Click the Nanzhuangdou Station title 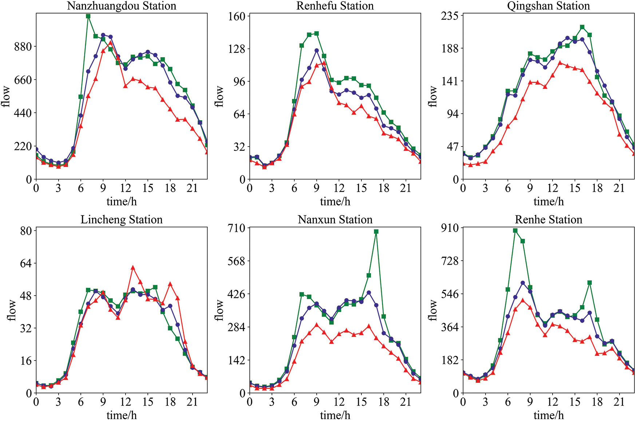pos(122,6)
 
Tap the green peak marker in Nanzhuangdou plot pos(88,16)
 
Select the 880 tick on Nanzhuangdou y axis pos(23,47)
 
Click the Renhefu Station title pos(335,6)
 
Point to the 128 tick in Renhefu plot pos(236,48)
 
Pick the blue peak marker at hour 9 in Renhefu pos(317,51)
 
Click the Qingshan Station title pos(548,6)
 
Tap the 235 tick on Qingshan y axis pos(450,16)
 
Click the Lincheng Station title pos(122,220)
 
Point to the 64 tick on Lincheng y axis pos(25,263)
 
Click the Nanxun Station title pos(335,220)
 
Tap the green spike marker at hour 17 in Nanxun pos(376,231)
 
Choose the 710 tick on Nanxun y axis pos(236,228)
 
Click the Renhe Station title pos(548,220)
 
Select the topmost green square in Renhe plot pos(515,231)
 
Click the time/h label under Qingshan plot pos(548,201)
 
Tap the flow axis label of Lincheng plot pos(12,310)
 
